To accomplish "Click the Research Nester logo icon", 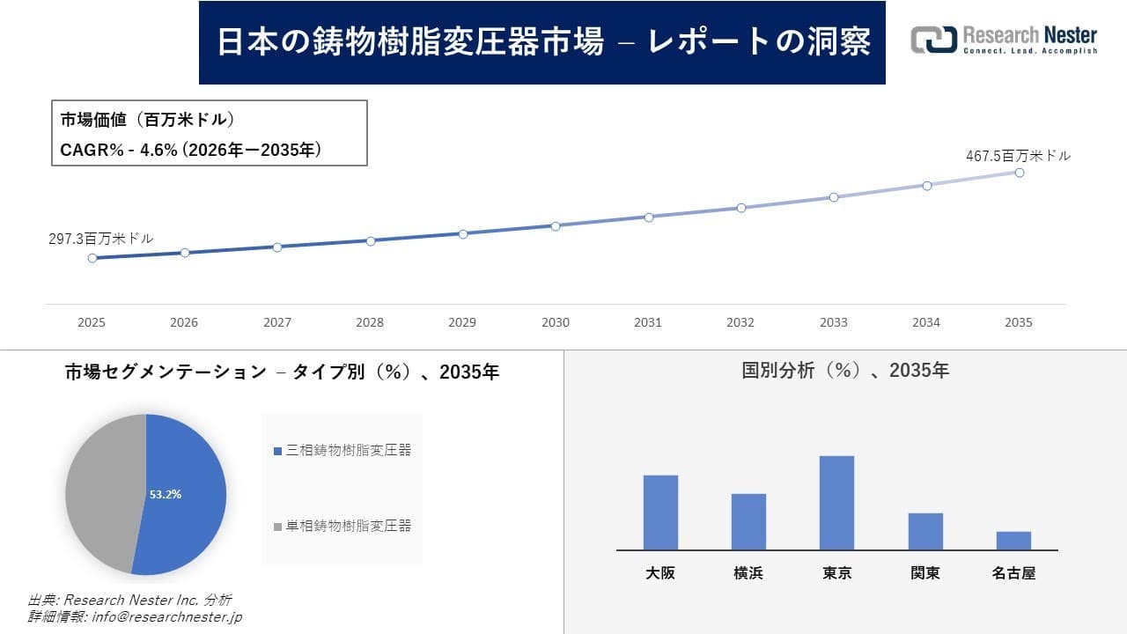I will [933, 40].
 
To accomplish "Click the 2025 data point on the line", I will [92, 258].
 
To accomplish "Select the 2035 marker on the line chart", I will [1020, 173].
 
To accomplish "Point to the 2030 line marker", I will [556, 226].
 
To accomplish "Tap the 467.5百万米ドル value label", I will [1018, 156].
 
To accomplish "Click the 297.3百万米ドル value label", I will [100, 239].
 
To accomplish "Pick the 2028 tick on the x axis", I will [370, 322].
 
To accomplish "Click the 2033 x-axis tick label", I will [833, 322].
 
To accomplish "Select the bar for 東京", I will [836, 503].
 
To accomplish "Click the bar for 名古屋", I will [1013, 541].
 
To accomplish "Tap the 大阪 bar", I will [660, 512].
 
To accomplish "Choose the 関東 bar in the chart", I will [925, 532].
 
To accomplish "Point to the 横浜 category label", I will [748, 573].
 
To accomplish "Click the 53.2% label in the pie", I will [166, 495].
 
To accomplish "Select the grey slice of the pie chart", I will [101, 493].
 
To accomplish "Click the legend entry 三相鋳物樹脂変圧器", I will [343, 450].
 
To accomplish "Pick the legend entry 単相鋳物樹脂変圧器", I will [343, 526].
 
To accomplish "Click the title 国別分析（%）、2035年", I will [845, 371].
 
